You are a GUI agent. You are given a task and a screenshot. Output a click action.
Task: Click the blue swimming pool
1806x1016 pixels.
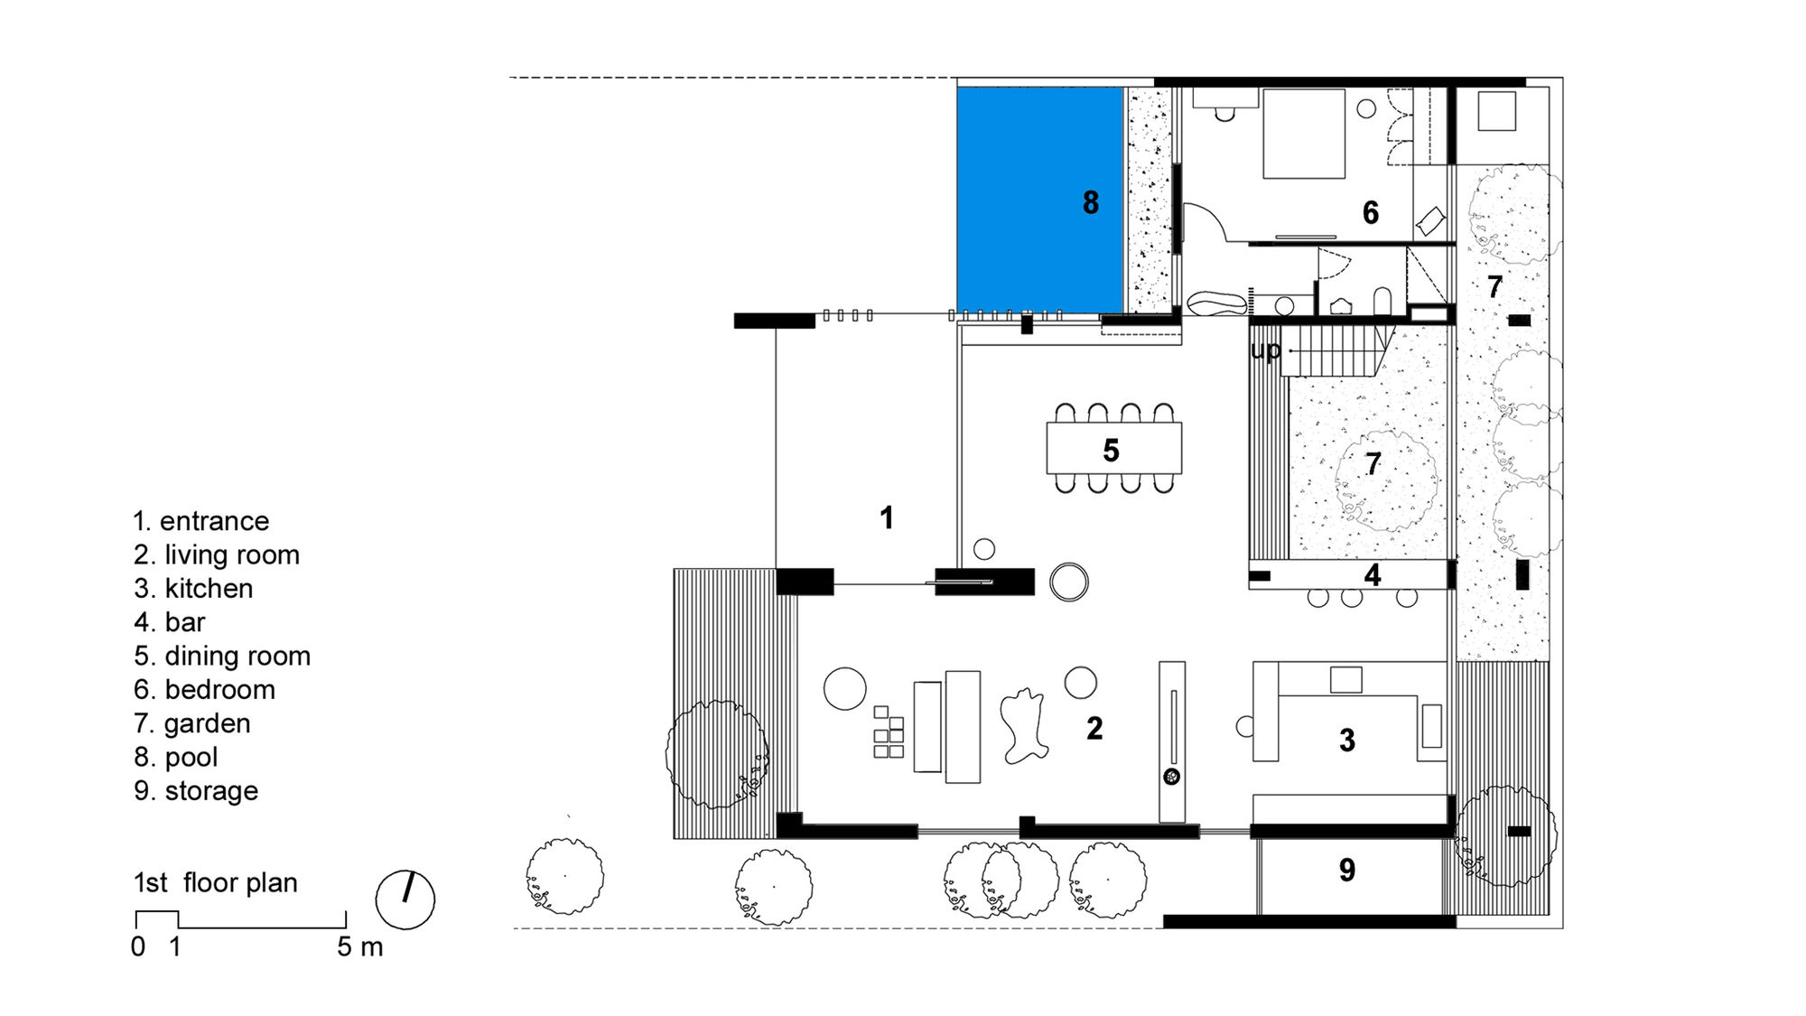[1040, 200]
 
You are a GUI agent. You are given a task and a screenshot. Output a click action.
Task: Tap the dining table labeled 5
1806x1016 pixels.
[1114, 448]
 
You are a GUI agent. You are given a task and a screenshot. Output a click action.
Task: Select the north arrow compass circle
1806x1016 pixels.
[405, 899]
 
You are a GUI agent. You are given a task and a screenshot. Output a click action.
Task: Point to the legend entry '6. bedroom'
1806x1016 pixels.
[204, 689]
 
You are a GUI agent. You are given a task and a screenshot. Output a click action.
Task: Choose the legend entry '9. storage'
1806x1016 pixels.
[196, 790]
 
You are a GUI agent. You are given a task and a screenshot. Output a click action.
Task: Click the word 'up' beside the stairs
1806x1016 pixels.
[1265, 350]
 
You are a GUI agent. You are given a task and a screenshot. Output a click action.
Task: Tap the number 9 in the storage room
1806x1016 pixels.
[1346, 870]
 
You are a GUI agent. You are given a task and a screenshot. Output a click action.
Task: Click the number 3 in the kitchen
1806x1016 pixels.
[1346, 741]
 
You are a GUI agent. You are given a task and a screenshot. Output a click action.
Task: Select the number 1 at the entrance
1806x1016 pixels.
[887, 517]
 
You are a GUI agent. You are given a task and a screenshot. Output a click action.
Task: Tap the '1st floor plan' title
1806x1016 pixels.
[216, 882]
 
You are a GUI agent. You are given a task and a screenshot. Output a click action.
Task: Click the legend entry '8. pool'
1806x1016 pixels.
[176, 757]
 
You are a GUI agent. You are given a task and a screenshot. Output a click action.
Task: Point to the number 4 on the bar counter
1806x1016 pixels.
[1373, 574]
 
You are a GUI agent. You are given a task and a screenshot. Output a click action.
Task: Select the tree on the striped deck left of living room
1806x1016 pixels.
[717, 754]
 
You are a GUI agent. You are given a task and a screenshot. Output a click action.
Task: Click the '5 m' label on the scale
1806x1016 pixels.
[360, 946]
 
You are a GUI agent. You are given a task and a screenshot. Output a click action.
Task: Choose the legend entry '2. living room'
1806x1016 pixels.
[217, 555]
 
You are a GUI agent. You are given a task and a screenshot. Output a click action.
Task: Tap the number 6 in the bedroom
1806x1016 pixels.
[1371, 212]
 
